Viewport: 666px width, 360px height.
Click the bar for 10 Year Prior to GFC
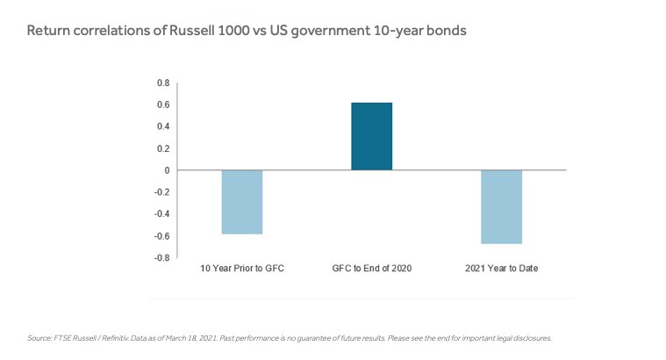point(242,202)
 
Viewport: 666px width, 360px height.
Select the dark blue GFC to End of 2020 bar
point(372,136)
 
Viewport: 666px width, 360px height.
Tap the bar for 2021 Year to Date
point(501,207)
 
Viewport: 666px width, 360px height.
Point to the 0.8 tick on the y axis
point(163,83)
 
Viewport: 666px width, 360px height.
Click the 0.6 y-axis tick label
point(163,104)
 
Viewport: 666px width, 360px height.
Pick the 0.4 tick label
point(163,126)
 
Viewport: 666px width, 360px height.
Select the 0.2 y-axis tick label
point(163,148)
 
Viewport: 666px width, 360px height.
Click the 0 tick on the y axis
point(167,170)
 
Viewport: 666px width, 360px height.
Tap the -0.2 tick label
point(161,192)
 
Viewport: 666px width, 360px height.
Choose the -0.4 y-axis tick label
point(161,214)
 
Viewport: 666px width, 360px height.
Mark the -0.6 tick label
point(161,236)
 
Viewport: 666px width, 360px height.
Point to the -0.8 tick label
point(161,258)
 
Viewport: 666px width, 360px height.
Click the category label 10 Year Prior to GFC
point(242,268)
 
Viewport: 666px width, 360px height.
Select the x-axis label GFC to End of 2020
point(372,268)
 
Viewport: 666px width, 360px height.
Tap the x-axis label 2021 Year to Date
point(501,268)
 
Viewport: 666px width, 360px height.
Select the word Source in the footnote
point(39,338)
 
